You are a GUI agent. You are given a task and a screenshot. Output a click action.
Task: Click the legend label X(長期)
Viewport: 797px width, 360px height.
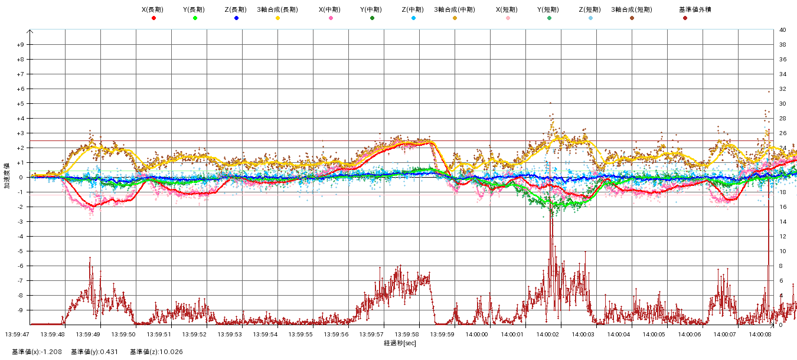153,10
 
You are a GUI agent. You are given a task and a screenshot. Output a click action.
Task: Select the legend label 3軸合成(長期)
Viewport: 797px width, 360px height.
277,10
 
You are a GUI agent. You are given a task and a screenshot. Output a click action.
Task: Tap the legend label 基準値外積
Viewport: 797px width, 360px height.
685,10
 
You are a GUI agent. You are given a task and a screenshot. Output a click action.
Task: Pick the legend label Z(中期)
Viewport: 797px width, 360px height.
413,10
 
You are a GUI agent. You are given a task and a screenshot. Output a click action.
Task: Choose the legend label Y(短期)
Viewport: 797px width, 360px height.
548,10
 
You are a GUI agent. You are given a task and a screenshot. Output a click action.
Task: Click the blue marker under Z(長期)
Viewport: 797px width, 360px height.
236,18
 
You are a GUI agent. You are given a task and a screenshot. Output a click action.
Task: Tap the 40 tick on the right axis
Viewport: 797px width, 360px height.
782,30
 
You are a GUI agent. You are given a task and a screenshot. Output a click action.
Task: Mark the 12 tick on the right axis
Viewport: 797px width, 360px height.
782,237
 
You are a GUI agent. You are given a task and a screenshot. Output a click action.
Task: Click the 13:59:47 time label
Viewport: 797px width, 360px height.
17,334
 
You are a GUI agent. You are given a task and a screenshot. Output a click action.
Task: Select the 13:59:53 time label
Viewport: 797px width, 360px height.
230,334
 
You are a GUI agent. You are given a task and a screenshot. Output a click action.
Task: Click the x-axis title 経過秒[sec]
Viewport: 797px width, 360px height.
400,343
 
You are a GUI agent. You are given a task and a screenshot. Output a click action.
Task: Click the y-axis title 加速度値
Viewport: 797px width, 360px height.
7,177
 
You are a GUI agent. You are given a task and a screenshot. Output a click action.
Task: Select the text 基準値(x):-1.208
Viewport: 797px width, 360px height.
37,352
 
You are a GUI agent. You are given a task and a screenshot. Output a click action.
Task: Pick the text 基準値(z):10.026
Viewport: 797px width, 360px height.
156,352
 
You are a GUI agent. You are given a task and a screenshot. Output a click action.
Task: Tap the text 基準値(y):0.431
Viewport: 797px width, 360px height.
94,352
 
